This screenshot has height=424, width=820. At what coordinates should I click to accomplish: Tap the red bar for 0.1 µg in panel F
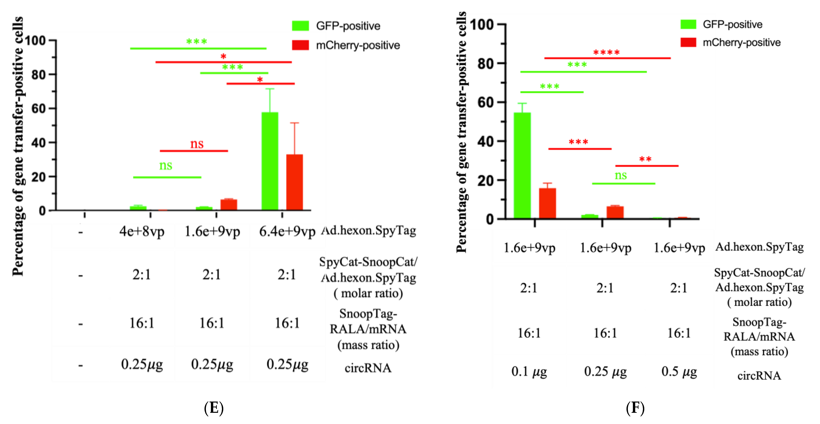pos(547,203)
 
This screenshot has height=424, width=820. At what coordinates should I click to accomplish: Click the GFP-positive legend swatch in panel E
pos(300,26)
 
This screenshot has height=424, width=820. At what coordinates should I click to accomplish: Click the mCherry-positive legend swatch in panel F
pos(688,42)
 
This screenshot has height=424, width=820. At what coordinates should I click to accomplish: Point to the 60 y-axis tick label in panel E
pos(38,109)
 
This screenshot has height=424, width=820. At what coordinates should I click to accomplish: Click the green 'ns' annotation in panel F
pos(620,175)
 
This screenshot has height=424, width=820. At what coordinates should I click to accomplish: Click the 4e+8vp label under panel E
pos(142,231)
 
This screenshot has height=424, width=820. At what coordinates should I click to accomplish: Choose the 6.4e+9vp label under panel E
pos(287,231)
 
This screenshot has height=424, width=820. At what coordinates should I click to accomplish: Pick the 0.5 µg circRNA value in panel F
pos(679,371)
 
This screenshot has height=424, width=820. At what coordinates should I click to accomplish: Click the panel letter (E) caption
pos(214,408)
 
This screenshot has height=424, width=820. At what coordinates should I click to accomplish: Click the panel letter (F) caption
pos(635,408)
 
